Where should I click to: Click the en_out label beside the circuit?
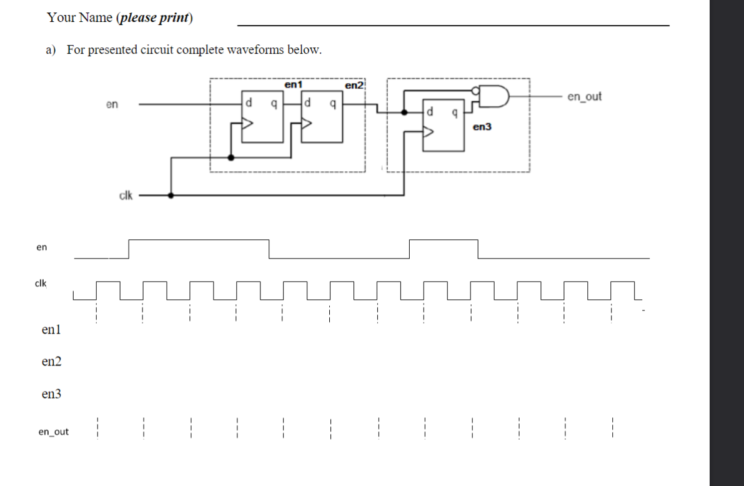coord(584,97)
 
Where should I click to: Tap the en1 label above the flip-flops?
coord(293,84)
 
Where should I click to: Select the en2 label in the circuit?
coord(354,85)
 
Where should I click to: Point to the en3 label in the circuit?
coord(482,127)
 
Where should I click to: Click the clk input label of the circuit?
coord(126,196)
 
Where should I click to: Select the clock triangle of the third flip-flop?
coord(428,131)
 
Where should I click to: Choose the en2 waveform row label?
coord(51,362)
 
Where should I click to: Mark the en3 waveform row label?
coord(51,394)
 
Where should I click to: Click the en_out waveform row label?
coord(54,432)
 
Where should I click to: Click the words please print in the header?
coord(154,18)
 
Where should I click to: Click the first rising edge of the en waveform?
coord(129,248)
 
